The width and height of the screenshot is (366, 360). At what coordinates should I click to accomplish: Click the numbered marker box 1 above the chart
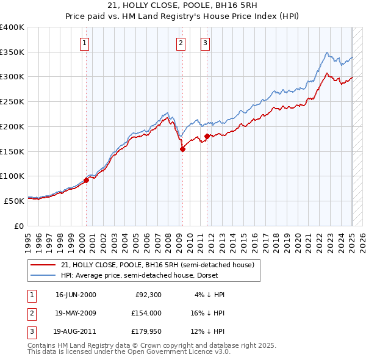point(84,43)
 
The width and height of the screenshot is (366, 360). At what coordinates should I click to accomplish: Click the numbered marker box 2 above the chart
point(181,43)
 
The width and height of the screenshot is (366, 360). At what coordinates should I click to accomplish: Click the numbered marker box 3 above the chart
point(206,43)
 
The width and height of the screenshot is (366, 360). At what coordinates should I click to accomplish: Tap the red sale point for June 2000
point(86,179)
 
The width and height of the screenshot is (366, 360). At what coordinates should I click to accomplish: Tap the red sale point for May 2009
point(182,149)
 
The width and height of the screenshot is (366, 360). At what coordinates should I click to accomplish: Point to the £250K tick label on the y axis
point(12,101)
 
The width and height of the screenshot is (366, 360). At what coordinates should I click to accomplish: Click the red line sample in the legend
point(44,264)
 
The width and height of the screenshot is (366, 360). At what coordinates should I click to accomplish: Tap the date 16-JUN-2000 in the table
point(76,294)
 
